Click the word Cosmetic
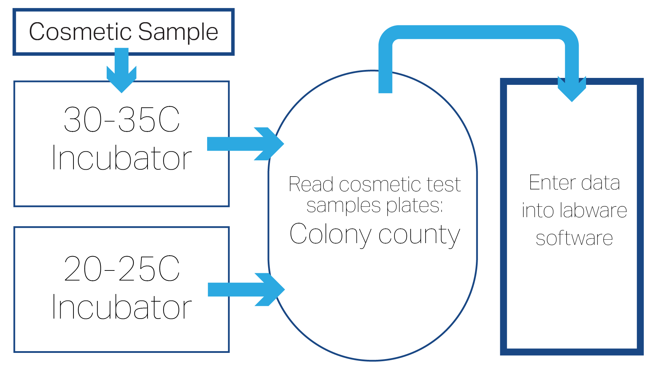(80, 32)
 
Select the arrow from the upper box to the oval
(242, 144)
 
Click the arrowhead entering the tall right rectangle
(572, 91)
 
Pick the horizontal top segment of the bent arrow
(478, 32)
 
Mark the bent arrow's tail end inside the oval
(385, 88)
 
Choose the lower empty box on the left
(104, 312)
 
